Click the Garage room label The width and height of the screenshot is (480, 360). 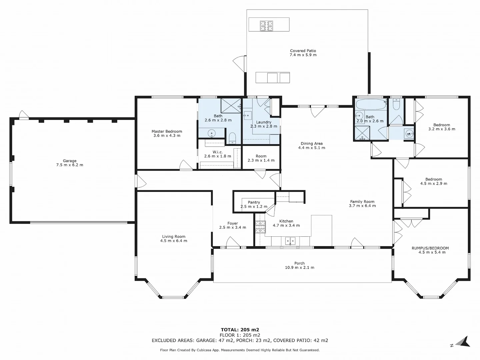(70, 161)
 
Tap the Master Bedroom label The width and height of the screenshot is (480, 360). (167, 131)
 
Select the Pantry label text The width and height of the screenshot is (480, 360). (254, 202)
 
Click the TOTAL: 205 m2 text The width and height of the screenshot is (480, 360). (240, 330)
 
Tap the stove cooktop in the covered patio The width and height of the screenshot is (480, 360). (267, 26)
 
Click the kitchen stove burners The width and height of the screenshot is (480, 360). (260, 227)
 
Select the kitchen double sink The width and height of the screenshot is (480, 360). (290, 241)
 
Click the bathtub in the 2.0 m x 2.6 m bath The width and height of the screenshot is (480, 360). (371, 104)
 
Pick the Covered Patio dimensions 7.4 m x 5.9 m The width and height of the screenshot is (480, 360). (303, 55)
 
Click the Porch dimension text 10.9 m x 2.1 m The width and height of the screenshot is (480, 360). (300, 267)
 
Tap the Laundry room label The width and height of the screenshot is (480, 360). (264, 122)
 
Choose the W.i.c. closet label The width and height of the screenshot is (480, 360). (218, 152)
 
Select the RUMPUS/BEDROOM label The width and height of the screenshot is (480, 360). (430, 248)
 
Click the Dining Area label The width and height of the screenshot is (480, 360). (312, 144)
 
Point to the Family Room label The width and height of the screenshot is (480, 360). (362, 202)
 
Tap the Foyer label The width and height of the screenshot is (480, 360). (232, 223)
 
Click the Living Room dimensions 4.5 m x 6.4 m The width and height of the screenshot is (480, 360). (174, 241)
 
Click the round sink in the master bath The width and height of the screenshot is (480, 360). (211, 133)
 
